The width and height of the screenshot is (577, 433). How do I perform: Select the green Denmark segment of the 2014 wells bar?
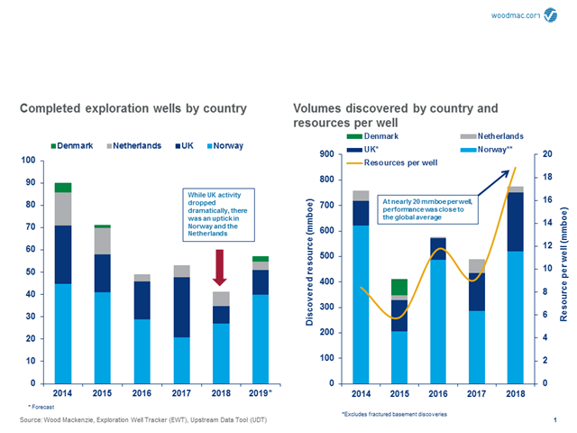click(63, 188)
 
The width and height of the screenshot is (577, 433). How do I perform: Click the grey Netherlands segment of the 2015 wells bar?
click(102, 241)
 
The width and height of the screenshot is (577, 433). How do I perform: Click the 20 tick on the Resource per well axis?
click(538, 154)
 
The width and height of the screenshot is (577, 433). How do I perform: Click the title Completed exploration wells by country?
click(133, 109)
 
